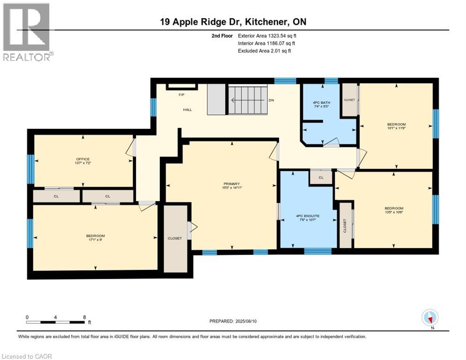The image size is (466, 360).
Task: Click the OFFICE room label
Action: point(83,159)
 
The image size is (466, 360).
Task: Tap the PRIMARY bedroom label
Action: point(232,184)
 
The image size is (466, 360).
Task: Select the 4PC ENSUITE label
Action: point(307,216)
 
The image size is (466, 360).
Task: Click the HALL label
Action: point(188,110)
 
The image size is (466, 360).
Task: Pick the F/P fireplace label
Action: point(181,95)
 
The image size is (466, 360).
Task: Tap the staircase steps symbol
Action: point(247,100)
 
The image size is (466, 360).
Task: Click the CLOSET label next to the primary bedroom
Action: point(174,238)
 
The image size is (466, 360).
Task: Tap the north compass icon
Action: point(430,318)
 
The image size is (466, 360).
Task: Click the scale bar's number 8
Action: point(83,317)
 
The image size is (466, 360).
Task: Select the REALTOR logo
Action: point(27,32)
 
